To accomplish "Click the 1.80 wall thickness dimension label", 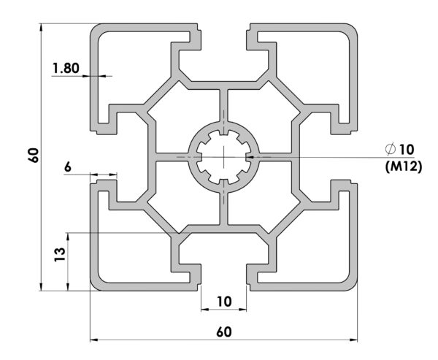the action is (66, 68).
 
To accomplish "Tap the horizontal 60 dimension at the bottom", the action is (224, 332).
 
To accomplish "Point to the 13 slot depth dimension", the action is (60, 254).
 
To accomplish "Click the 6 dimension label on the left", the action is (68, 167).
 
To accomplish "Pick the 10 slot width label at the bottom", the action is (224, 302).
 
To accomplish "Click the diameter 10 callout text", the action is (399, 150).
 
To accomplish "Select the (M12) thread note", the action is (404, 167).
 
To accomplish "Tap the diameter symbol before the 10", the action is (391, 149).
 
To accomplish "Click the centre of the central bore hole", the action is (224, 157).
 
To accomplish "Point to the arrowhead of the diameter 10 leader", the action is (249, 157).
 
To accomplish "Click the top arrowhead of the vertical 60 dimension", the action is (42, 27).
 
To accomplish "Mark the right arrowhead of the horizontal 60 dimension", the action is (353, 340).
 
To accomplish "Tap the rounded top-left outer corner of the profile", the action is (94, 28).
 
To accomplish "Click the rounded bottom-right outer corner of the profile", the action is (353, 286).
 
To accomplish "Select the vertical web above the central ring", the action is (224, 106).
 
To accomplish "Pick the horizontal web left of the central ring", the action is (172, 157).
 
